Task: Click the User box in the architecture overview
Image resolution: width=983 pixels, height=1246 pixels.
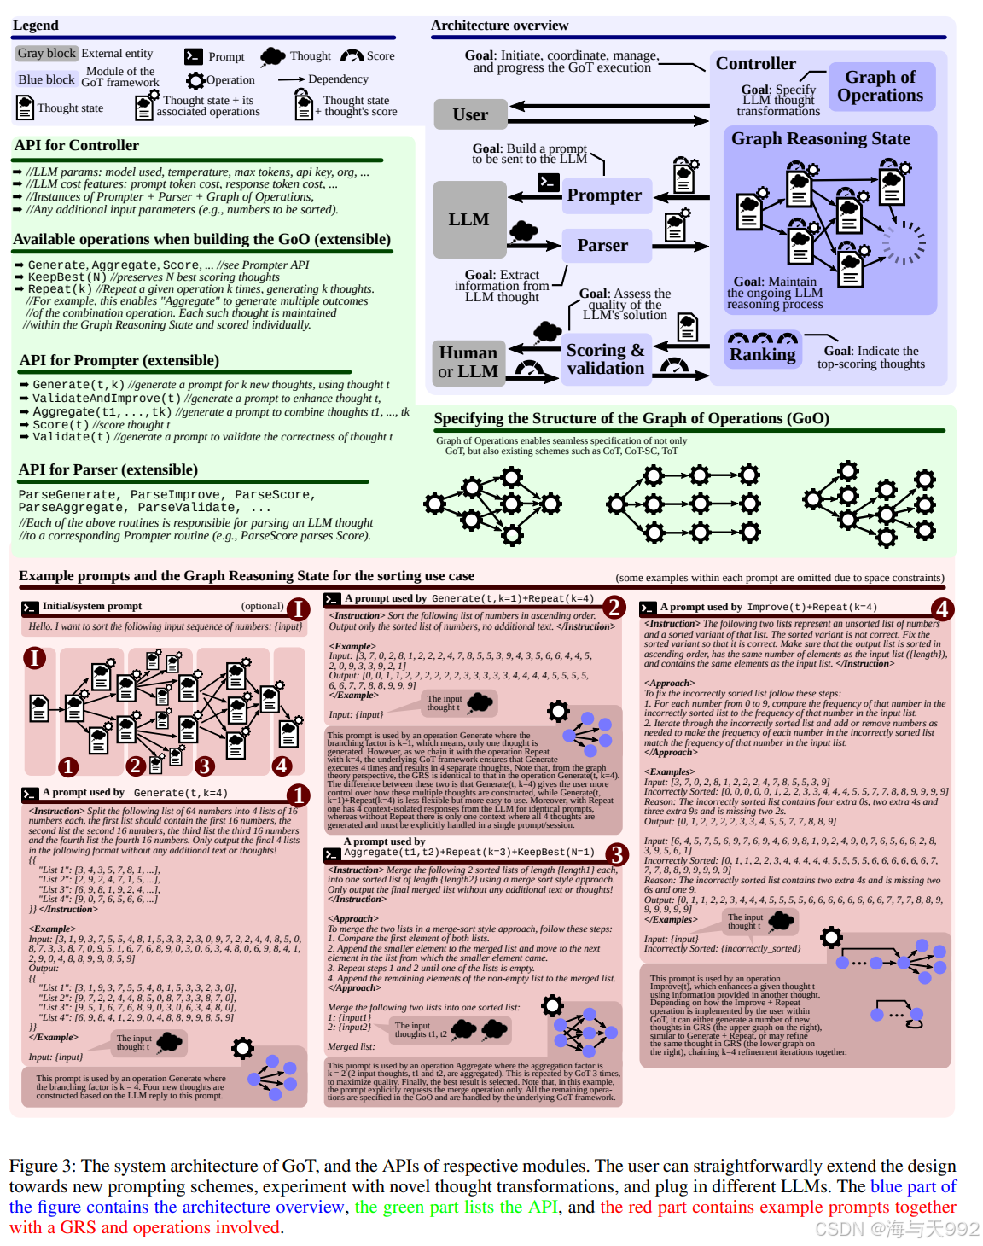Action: point(470,114)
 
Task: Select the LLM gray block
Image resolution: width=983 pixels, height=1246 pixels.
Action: point(468,219)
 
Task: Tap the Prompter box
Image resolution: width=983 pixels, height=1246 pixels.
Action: point(604,195)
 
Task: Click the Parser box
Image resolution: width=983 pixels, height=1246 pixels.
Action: point(602,246)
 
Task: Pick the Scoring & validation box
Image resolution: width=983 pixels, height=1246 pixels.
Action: point(605,359)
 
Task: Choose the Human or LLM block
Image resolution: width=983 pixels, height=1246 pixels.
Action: point(468,362)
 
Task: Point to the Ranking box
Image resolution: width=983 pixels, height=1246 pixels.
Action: point(762,353)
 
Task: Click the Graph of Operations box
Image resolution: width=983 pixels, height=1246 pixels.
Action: point(880,86)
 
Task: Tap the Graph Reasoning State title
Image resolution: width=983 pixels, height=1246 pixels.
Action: point(820,139)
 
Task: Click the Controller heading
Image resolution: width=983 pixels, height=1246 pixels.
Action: point(755,64)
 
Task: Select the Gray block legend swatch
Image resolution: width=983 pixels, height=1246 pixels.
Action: point(47,54)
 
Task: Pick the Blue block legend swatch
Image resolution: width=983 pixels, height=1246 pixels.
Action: point(47,79)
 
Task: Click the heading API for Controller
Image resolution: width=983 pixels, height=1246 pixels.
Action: point(77,146)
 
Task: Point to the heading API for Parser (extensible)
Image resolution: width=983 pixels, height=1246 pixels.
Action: point(108,470)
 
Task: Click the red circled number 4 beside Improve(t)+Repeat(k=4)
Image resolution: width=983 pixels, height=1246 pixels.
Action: point(942,609)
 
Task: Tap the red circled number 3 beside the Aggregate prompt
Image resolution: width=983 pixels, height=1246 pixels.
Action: point(616,854)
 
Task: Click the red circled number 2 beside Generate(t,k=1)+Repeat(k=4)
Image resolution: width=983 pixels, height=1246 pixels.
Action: point(614,607)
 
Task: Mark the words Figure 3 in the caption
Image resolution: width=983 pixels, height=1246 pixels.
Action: point(42,1167)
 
